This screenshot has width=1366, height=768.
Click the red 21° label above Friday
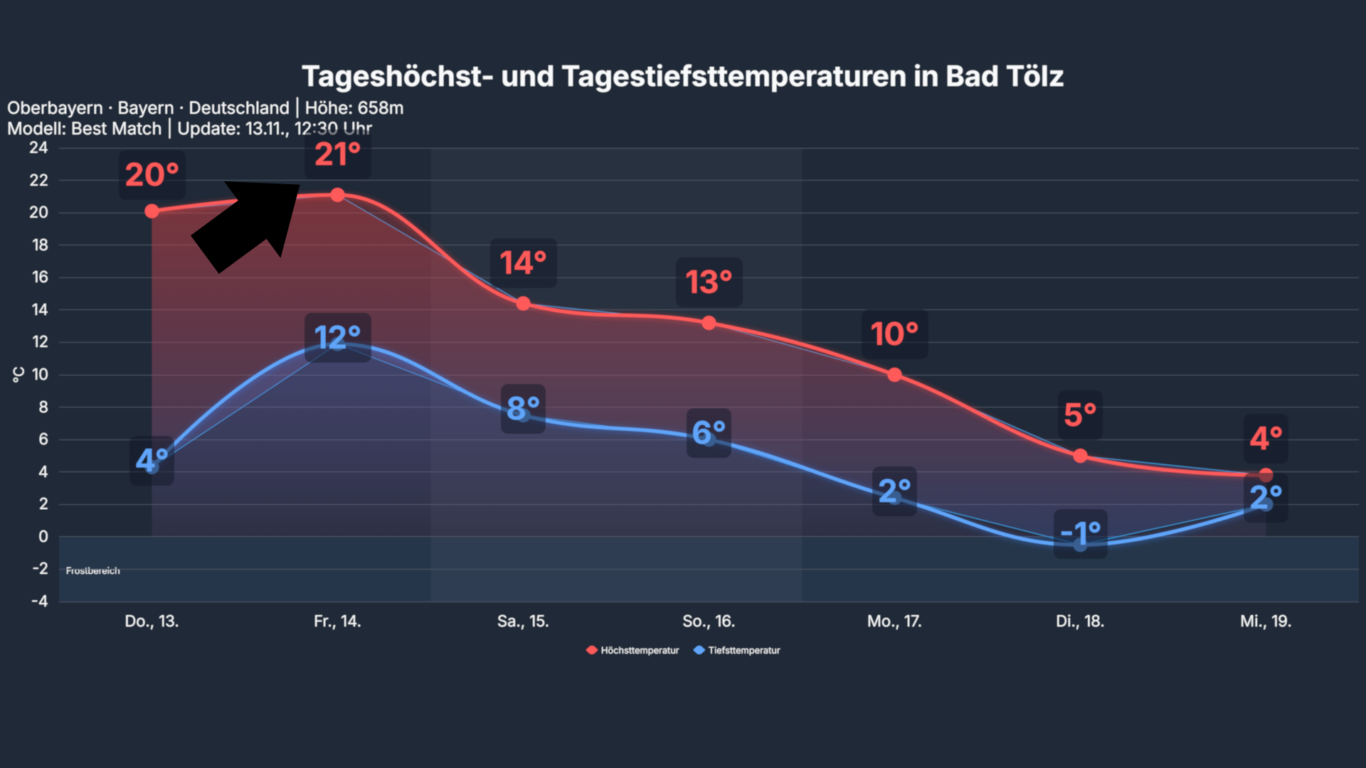pyautogui.click(x=337, y=154)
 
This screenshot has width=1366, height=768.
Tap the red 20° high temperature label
pyautogui.click(x=152, y=175)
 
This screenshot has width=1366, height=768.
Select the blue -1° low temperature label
pyautogui.click(x=1080, y=533)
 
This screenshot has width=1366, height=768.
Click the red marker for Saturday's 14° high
pyautogui.click(x=523, y=304)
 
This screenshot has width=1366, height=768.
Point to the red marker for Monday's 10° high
pyautogui.click(x=894, y=375)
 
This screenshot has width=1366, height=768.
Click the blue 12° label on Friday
pyautogui.click(x=337, y=337)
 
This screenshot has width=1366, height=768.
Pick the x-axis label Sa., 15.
pyautogui.click(x=523, y=621)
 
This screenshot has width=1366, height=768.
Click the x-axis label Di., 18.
pyautogui.click(x=1079, y=621)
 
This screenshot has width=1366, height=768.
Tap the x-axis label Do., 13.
pyautogui.click(x=152, y=621)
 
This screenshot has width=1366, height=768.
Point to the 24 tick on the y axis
pyautogui.click(x=38, y=148)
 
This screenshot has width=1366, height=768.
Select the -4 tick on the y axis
pyautogui.click(x=39, y=601)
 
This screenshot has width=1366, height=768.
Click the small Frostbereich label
pyautogui.click(x=92, y=570)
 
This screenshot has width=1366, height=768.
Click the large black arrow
pyautogui.click(x=249, y=224)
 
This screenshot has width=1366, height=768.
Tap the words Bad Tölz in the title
pyautogui.click(x=1004, y=76)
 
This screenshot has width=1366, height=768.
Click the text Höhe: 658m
pyautogui.click(x=354, y=108)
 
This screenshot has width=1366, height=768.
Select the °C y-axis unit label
pyautogui.click(x=18, y=375)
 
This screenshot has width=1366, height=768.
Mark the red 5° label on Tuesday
pyautogui.click(x=1079, y=415)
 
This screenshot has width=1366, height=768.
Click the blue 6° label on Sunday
pyautogui.click(x=709, y=432)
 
